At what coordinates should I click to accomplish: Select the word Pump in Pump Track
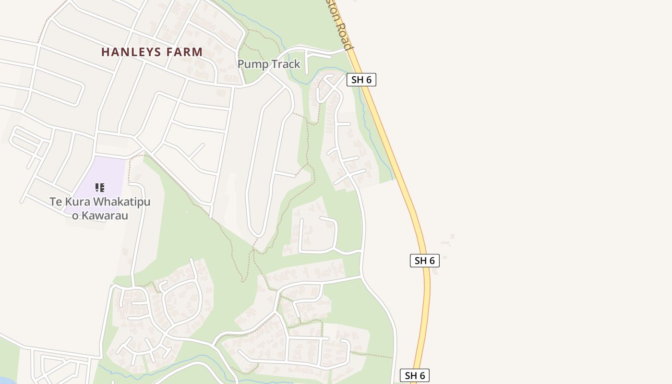pos(252,64)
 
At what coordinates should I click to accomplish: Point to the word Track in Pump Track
pos(285,64)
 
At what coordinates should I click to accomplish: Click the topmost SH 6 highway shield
pos(361,80)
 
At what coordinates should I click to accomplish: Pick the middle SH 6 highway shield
pos(425,261)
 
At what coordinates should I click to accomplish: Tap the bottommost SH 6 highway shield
pos(415,375)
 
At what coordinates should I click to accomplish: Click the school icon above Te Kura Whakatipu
pos(99,188)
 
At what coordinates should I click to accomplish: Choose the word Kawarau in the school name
pos(105,216)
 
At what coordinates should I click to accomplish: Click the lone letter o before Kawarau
pos(75,216)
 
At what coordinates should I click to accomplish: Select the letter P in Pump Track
pos(241,64)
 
